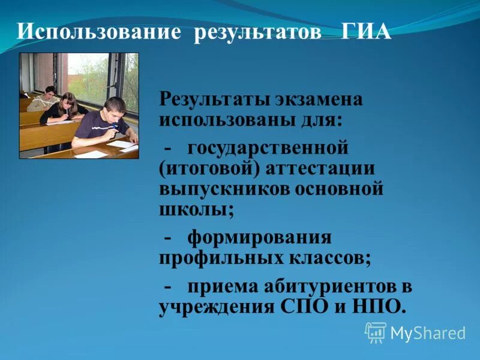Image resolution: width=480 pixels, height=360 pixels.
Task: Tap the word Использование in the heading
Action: coord(98,32)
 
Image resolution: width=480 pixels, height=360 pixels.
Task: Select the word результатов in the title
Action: coord(258,32)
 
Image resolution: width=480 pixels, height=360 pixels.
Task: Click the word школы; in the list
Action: coord(196,210)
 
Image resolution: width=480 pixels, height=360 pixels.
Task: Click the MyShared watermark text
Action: coord(428,332)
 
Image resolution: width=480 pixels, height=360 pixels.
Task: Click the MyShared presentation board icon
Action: coord(376,332)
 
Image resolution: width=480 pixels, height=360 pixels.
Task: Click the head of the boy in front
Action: coord(114,108)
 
